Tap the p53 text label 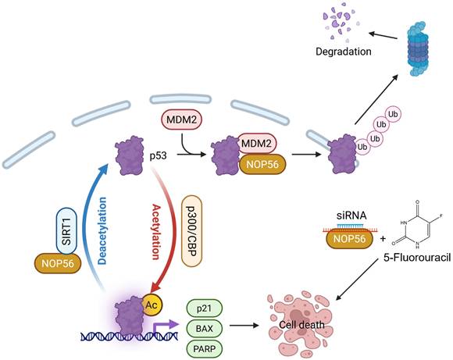tap(159, 155)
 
